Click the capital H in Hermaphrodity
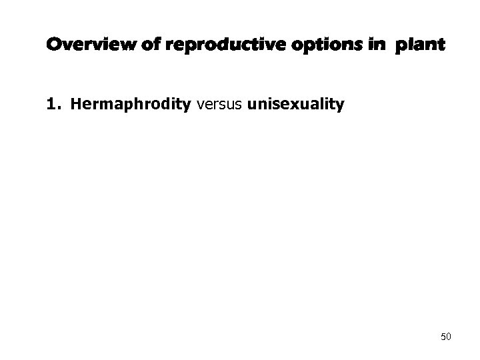coord(75,104)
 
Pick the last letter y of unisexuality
coord(339,106)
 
